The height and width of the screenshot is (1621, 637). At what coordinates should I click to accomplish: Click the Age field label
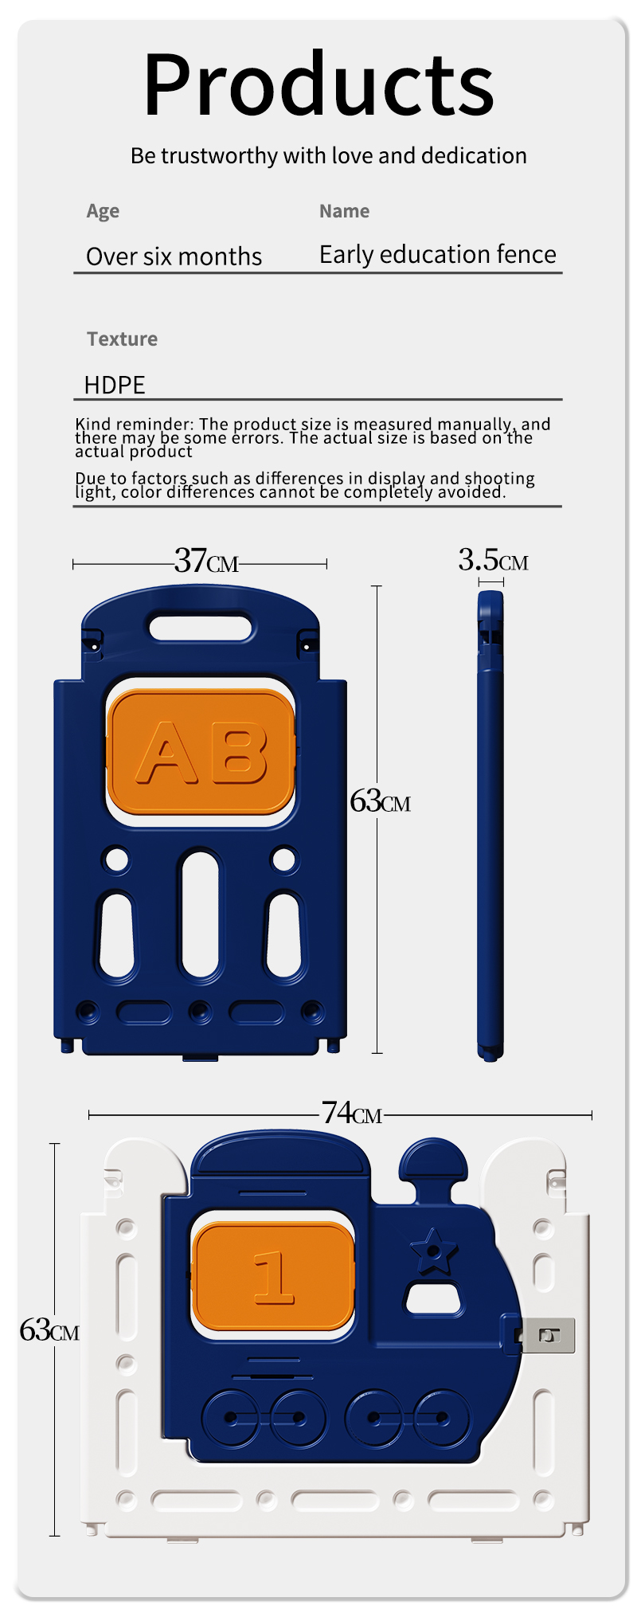coord(103,211)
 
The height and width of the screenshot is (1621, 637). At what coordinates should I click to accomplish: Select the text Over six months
coord(174,256)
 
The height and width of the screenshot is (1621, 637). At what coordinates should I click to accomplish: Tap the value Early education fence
coord(437,254)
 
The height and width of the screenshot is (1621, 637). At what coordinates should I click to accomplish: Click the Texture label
coord(122,339)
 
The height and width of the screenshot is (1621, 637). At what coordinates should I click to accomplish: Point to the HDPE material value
coord(115,385)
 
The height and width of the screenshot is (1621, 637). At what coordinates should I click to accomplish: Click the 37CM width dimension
coord(206,562)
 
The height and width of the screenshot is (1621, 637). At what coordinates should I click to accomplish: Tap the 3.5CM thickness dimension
coord(492,560)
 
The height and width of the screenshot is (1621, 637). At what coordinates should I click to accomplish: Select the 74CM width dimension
coord(351,1112)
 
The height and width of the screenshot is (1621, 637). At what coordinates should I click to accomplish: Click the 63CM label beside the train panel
coord(49,1330)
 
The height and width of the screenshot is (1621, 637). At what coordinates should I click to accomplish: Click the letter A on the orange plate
coord(166,753)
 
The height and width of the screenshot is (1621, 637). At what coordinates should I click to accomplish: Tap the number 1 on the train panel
coord(273,1278)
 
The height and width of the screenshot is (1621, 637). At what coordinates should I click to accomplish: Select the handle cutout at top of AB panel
coord(201,627)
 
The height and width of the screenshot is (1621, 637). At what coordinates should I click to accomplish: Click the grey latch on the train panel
coord(548,1336)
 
